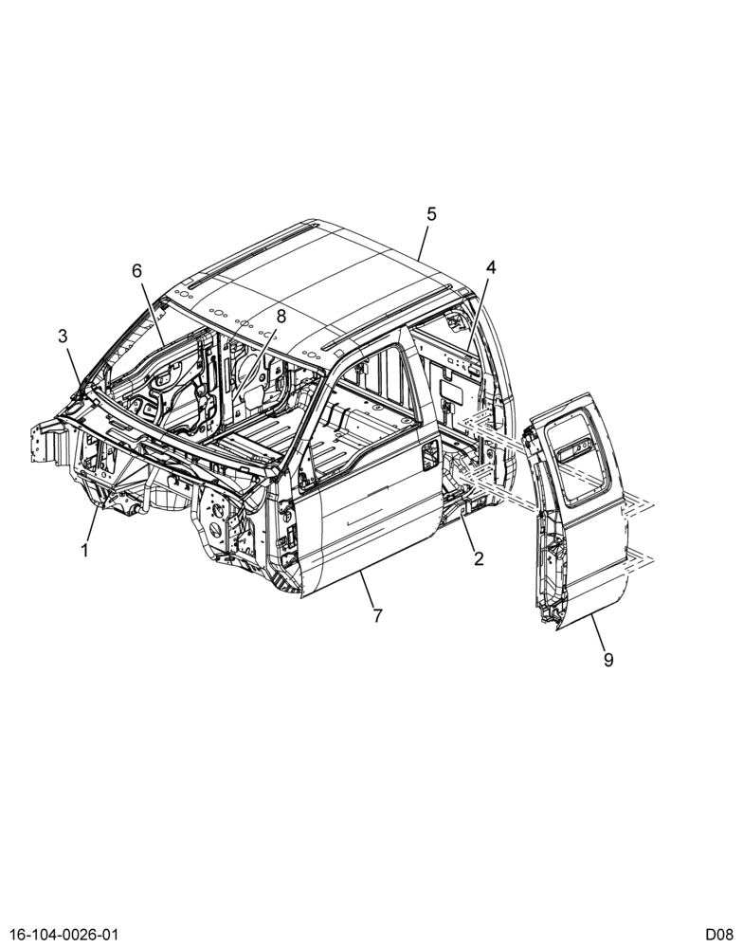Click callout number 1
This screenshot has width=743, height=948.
[84, 550]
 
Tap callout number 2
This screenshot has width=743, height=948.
[479, 558]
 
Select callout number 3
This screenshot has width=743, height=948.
[63, 337]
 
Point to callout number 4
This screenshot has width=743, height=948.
[490, 267]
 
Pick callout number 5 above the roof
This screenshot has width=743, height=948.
[431, 214]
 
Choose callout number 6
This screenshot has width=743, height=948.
[137, 271]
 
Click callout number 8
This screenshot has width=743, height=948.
[281, 316]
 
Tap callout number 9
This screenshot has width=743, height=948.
[608, 660]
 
